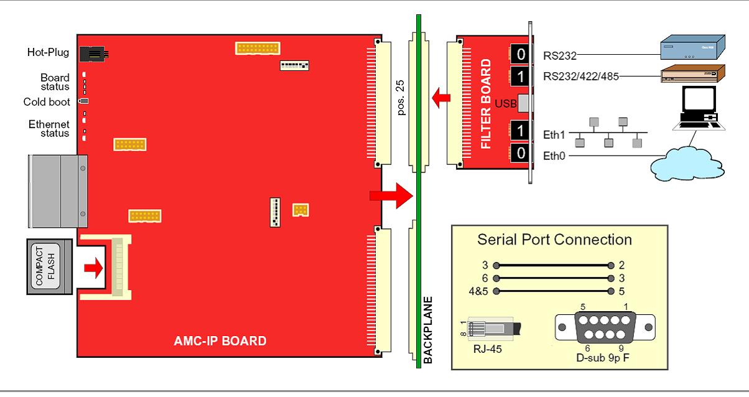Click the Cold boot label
[x=47, y=102]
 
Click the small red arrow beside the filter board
[x=441, y=97]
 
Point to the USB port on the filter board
[x=523, y=103]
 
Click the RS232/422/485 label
[x=580, y=77]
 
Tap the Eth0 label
[x=554, y=156]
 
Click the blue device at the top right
[x=691, y=47]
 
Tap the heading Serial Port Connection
[x=554, y=240]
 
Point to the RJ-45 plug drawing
[x=496, y=329]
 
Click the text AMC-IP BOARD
[x=220, y=341]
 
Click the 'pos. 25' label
[x=401, y=94]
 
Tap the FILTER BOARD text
[x=486, y=105]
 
